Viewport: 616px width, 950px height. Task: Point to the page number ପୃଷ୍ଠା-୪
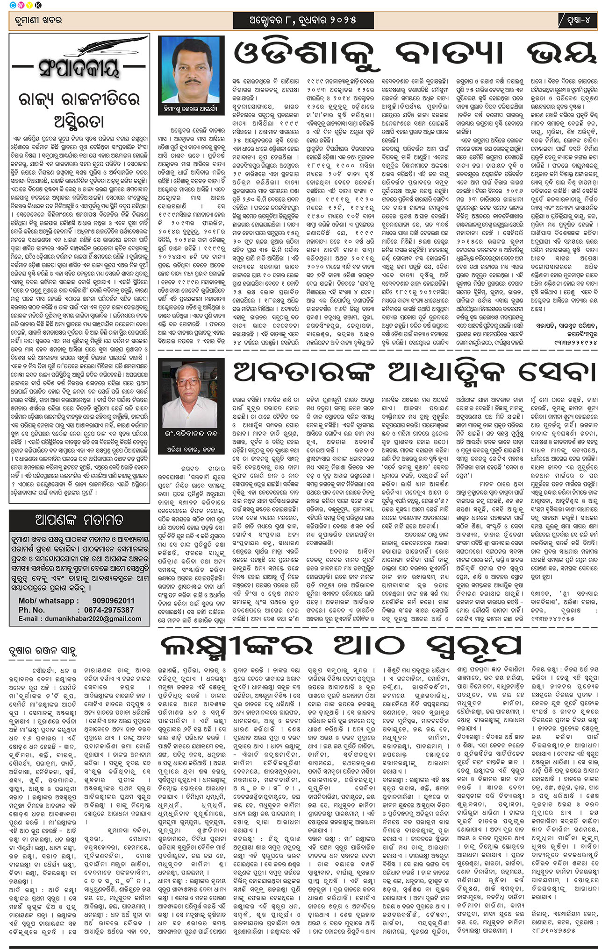point(578,21)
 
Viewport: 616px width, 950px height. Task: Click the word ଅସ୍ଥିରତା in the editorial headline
point(79,121)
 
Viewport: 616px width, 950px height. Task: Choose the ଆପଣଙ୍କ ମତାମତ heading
point(79,521)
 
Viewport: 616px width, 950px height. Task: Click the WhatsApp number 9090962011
point(114,600)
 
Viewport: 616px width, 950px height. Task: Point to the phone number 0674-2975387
point(109,610)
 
